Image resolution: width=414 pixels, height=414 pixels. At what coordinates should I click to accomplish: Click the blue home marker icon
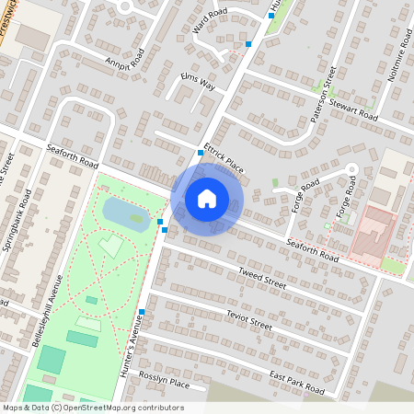[207, 199]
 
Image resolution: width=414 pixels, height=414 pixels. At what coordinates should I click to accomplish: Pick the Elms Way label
[198, 80]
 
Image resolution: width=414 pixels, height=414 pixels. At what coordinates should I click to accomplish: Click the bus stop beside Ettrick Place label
[201, 152]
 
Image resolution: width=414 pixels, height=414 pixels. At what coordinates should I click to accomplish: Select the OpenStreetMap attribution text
[94, 408]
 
